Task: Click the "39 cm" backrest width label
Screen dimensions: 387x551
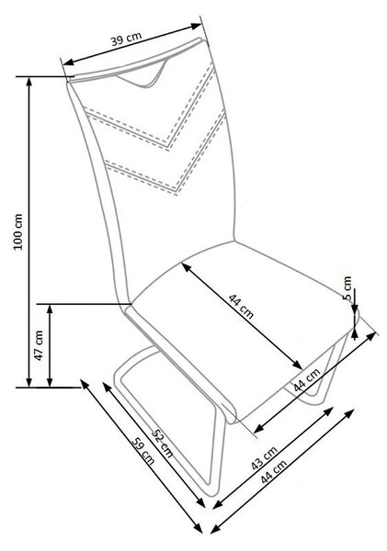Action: coord(126,39)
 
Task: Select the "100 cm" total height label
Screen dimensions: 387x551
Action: coord(18,231)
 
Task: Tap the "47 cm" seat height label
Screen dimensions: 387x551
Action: coord(39,345)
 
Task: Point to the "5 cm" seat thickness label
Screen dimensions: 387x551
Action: coord(347,287)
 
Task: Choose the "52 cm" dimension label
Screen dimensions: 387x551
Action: coord(162,444)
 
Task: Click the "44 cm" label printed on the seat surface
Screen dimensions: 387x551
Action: coord(241,306)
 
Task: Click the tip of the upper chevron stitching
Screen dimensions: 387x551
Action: coord(168,148)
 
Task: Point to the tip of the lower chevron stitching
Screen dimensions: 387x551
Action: coord(176,192)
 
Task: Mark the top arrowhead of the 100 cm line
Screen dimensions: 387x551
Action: coord(29,81)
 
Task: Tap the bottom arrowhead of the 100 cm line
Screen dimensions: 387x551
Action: coord(29,383)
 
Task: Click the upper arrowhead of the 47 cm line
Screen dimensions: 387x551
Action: coord(50,309)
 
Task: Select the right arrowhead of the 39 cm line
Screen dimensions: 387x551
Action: coord(197,26)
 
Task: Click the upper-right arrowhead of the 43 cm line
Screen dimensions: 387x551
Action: coord(328,411)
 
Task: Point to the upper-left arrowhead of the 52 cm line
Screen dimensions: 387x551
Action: coord(107,387)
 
